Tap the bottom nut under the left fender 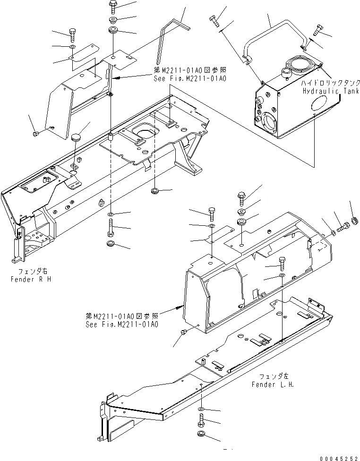tap(202, 435)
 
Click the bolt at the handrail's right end tap(318, 32)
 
